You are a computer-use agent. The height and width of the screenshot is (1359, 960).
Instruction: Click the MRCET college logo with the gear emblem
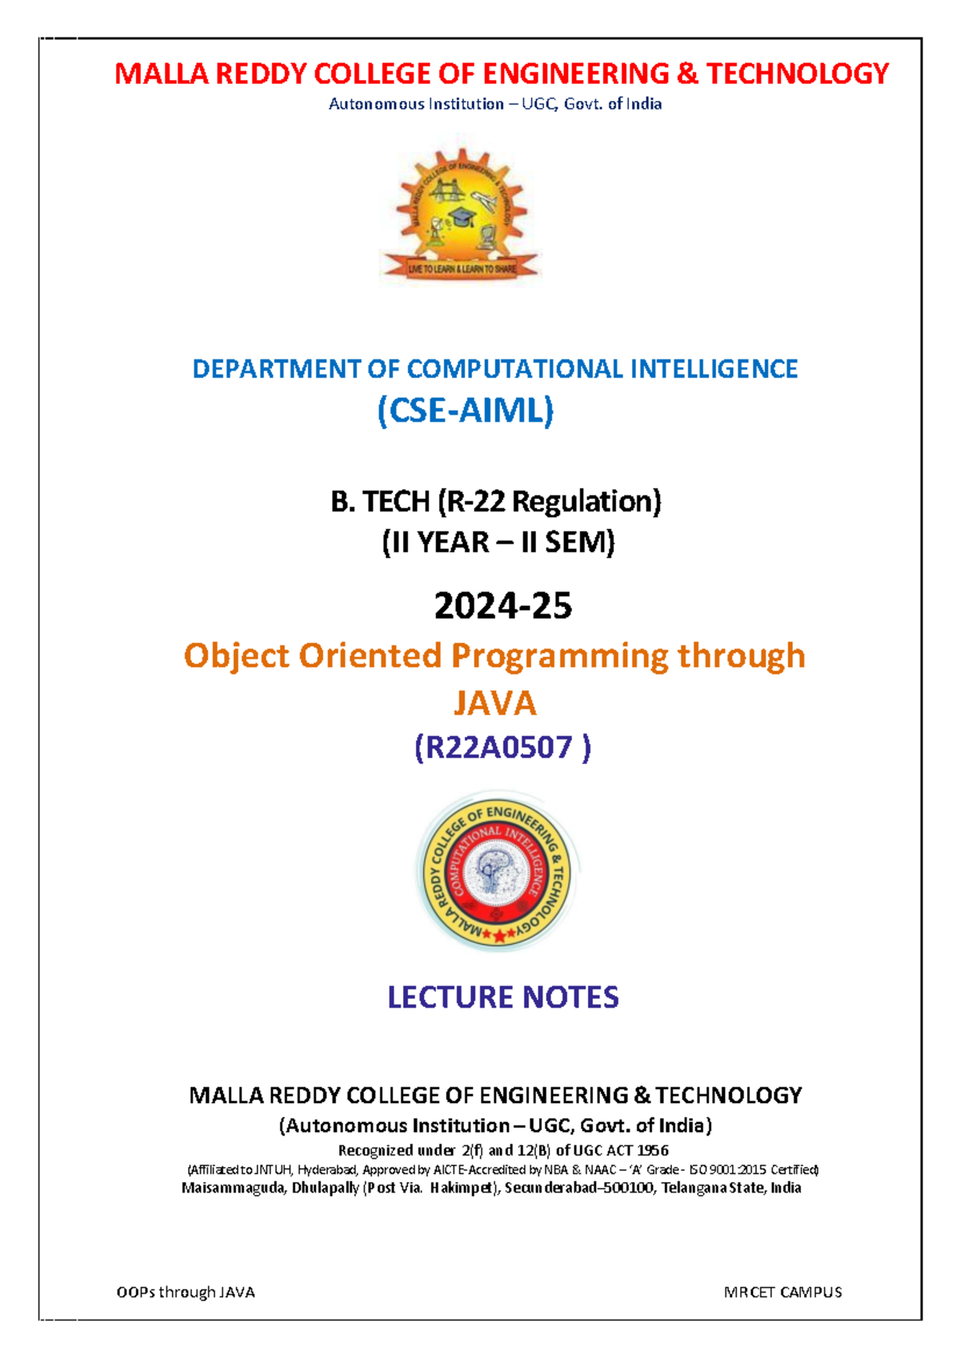pyautogui.click(x=462, y=216)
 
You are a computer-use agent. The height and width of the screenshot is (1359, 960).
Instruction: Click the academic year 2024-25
pyautogui.click(x=502, y=606)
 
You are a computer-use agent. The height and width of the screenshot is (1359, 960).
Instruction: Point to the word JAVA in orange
pyautogui.click(x=494, y=704)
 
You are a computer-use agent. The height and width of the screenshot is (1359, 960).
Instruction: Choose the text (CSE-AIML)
pyautogui.click(x=466, y=411)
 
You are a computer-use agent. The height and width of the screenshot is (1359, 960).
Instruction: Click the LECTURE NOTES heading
pyautogui.click(x=502, y=997)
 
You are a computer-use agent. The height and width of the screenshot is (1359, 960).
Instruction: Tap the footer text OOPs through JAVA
pyautogui.click(x=186, y=1292)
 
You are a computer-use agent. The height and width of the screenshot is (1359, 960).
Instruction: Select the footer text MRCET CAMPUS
pyautogui.click(x=782, y=1292)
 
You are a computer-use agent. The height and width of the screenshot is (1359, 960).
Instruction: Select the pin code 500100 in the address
pyautogui.click(x=630, y=1188)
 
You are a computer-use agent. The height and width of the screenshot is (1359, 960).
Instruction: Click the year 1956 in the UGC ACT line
pyautogui.click(x=653, y=1151)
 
